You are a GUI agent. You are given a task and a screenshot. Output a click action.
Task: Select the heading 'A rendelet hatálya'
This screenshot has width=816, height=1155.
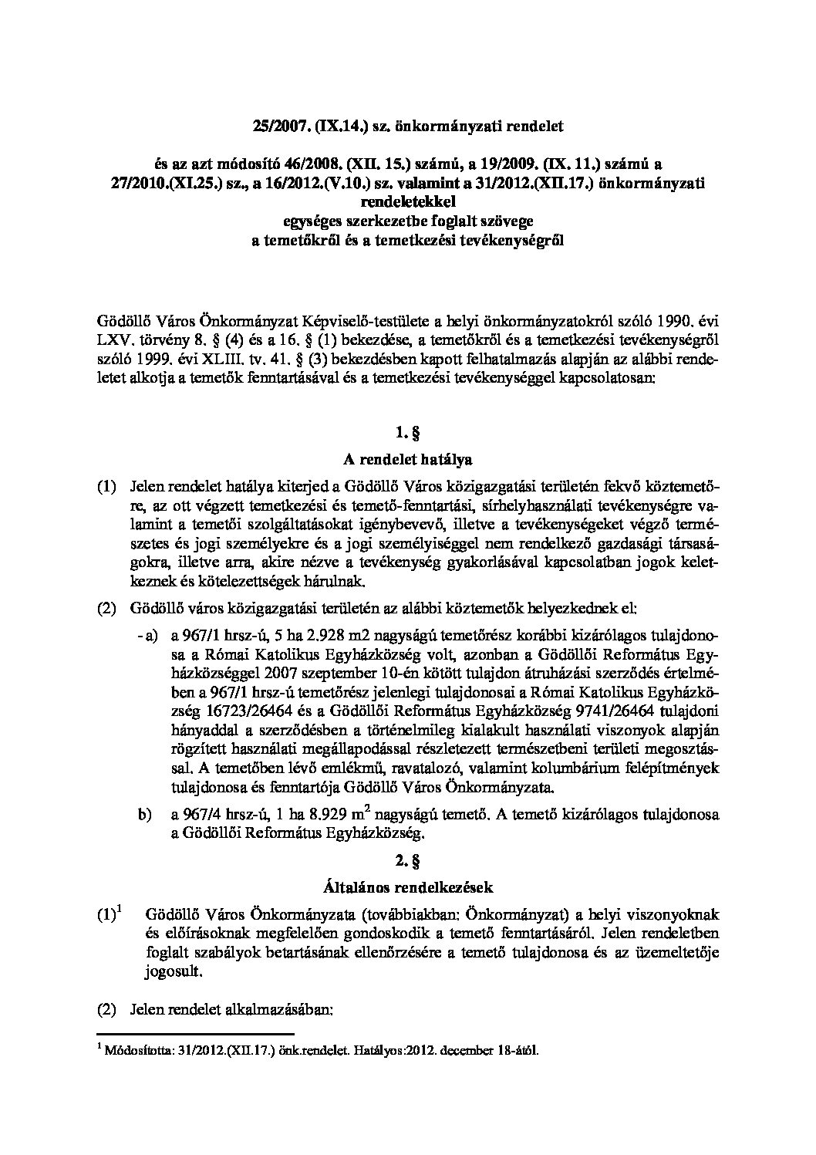pos(407,458)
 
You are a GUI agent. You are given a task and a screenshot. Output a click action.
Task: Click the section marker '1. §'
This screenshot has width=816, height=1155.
pos(408,432)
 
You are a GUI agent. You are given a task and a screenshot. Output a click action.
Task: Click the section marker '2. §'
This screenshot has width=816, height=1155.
pos(408,859)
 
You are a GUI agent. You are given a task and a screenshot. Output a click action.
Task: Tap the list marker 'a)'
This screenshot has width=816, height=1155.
pos(150,635)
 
